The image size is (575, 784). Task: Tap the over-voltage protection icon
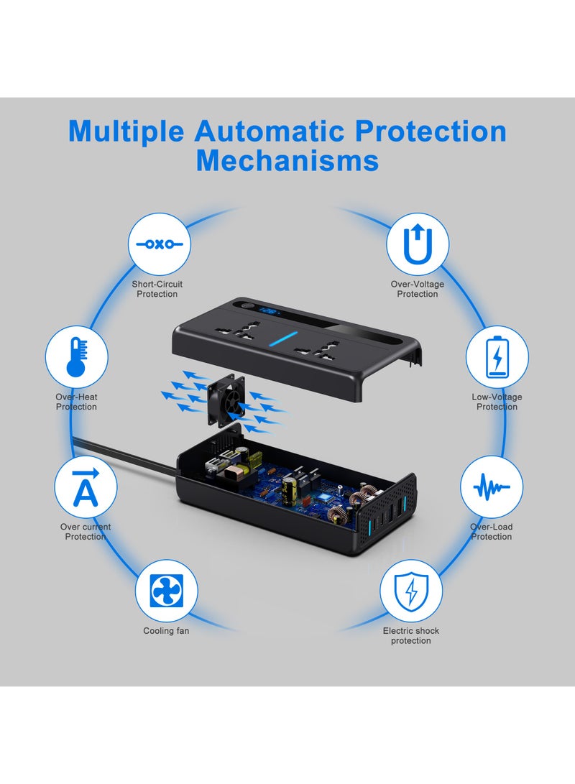coord(418,244)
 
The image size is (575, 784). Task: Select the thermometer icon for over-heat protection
coord(76,358)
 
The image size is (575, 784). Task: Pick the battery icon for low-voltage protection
coord(497,357)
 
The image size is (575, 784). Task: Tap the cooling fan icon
coord(166,591)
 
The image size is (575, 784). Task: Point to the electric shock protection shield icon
coord(410,591)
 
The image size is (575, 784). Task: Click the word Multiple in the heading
coord(126,132)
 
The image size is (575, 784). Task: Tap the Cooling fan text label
coord(166,631)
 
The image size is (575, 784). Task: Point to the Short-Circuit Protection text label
coord(157,289)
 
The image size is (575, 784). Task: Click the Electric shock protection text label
coord(410,635)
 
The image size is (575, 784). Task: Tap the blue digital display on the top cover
coord(270,313)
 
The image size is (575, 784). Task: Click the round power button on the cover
coord(249,307)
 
